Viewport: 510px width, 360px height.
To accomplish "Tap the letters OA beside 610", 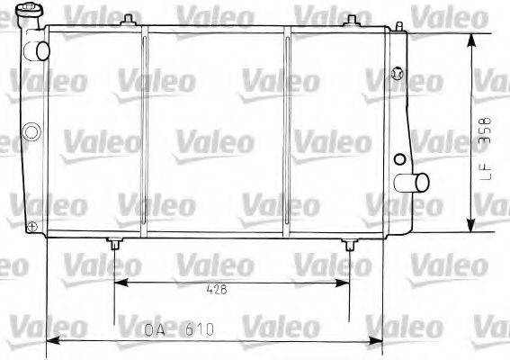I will click(154, 329).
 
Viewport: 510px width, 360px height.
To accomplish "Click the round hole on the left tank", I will click(32, 133).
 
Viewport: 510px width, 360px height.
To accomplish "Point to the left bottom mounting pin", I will click(114, 244).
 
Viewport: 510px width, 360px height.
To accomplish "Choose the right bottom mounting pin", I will click(350, 244).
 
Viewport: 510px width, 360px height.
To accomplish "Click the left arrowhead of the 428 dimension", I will click(120, 282).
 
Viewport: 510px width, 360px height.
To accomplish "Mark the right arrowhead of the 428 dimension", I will click(344, 282).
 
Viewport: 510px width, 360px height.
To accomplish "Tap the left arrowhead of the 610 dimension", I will click(52, 341).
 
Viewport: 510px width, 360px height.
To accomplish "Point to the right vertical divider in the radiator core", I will click(287, 135).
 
